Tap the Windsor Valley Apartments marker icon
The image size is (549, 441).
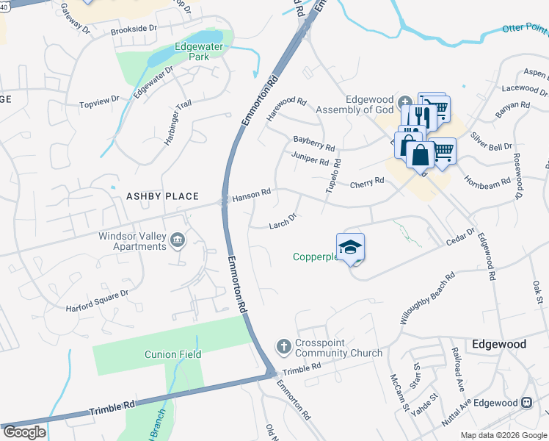click(x=178, y=241)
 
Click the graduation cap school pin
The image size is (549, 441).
click(x=351, y=248)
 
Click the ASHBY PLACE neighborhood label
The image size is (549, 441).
click(x=162, y=196)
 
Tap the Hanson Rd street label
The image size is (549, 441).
click(x=252, y=195)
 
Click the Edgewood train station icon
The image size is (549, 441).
click(x=526, y=403)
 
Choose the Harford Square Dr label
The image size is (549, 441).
click(x=97, y=298)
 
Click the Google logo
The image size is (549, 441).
click(x=24, y=432)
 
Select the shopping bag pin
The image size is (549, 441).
click(x=420, y=157)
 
